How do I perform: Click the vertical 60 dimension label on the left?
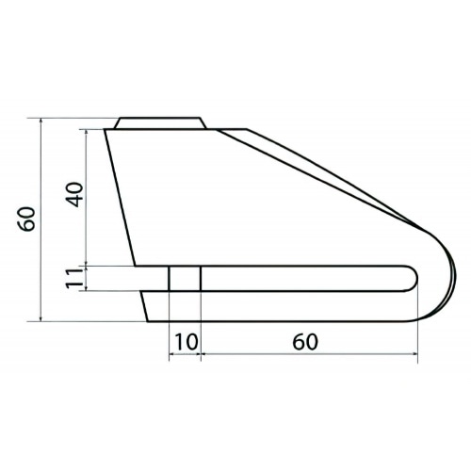[x=29, y=219]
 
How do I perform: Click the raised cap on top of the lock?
[x=160, y=122]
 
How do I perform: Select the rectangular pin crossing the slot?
[x=185, y=279]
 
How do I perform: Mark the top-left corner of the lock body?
[x=106, y=130]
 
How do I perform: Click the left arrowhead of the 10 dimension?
[x=171, y=356]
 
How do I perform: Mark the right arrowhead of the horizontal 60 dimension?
[x=415, y=356]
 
